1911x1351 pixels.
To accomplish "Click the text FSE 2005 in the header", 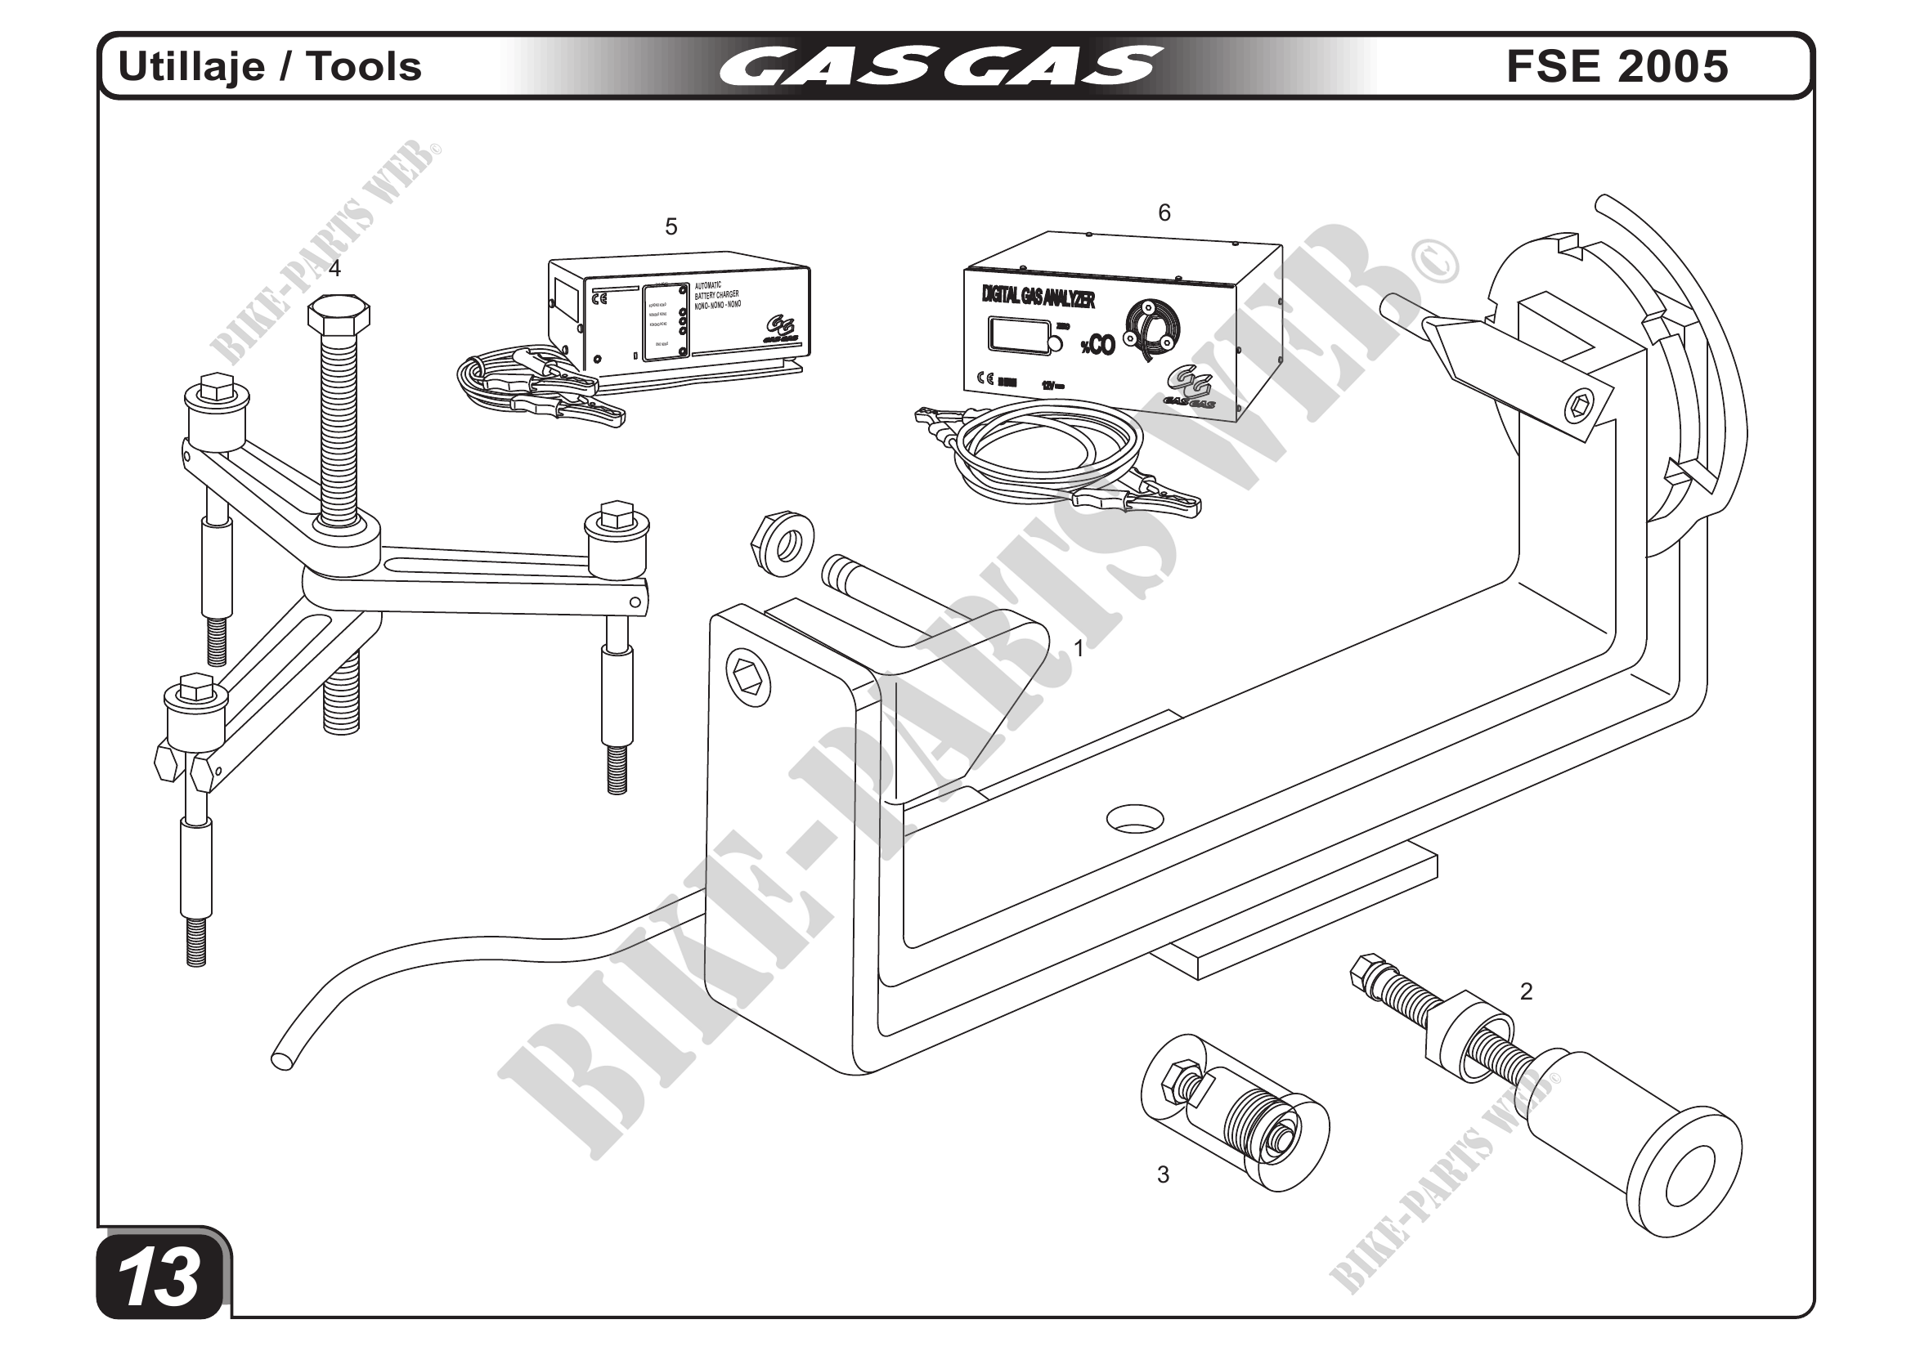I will (x=1617, y=66).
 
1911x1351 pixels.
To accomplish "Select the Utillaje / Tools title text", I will (x=271, y=66).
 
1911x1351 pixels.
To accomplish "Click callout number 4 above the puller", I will (x=334, y=268).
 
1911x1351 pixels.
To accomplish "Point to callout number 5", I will (x=671, y=226).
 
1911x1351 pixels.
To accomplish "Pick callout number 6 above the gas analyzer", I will (x=1164, y=213).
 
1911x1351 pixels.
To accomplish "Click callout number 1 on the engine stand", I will (x=1079, y=648).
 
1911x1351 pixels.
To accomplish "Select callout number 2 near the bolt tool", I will (x=1526, y=991).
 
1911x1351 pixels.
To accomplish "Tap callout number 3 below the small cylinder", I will (x=1163, y=1174).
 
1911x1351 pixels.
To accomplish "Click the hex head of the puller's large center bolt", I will (x=338, y=315).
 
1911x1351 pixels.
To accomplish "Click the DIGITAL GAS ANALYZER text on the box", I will (x=1038, y=295).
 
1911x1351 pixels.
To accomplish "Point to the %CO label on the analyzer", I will (x=1097, y=345).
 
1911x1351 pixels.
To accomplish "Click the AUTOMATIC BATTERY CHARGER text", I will (x=716, y=295).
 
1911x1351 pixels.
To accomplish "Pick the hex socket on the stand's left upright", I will (x=746, y=682).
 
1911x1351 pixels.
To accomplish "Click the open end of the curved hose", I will (x=282, y=1061).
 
